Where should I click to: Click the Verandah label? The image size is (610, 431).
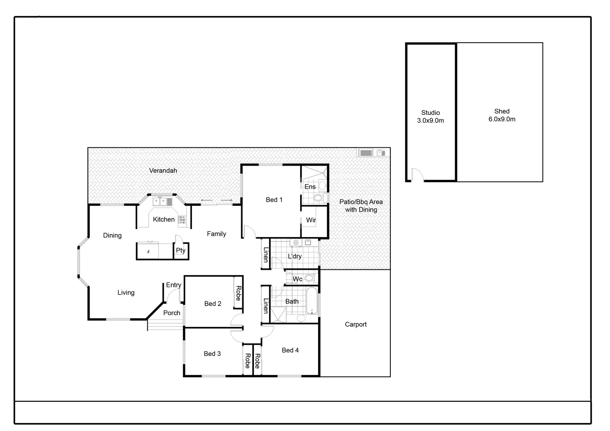click(x=163, y=170)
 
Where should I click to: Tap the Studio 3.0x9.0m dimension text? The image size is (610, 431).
click(x=430, y=120)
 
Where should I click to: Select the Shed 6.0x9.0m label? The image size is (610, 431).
click(x=502, y=115)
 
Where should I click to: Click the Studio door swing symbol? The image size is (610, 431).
click(x=418, y=174)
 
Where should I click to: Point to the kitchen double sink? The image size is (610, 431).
click(x=160, y=202)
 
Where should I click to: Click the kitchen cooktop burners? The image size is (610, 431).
click(x=182, y=219)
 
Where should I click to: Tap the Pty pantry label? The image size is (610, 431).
click(x=180, y=250)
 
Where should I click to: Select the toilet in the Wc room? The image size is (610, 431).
click(x=309, y=278)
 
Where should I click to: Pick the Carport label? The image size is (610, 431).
click(x=355, y=324)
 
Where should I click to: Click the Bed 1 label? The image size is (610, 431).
click(x=274, y=200)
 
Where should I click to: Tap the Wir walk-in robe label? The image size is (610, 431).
click(x=311, y=220)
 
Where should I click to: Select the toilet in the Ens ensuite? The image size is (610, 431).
click(x=318, y=198)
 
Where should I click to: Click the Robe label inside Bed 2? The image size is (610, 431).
click(x=238, y=293)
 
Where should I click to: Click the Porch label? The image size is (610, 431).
click(x=172, y=313)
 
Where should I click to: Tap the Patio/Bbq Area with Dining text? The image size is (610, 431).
click(x=361, y=206)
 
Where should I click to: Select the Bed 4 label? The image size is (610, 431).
click(x=290, y=350)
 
